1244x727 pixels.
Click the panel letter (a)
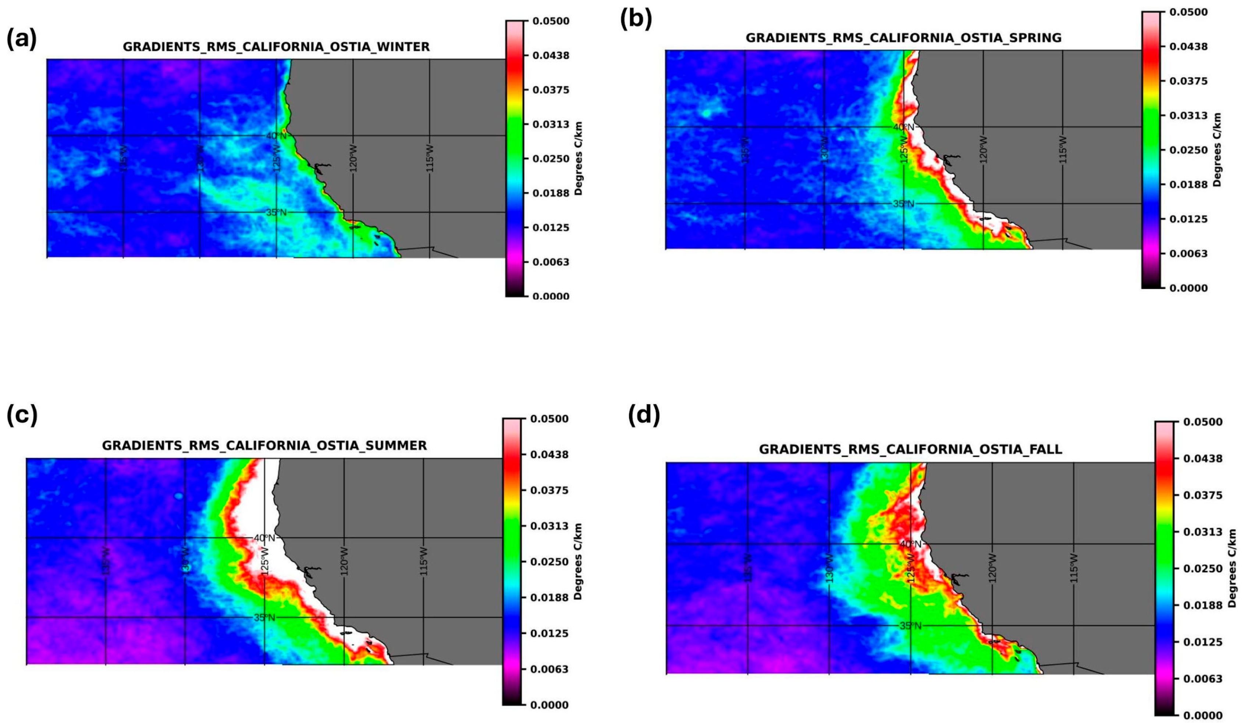(x=21, y=39)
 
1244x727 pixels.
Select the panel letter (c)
(x=22, y=416)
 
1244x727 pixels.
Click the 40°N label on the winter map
(x=276, y=136)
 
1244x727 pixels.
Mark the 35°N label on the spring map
(x=903, y=204)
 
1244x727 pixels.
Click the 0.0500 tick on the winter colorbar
(x=550, y=21)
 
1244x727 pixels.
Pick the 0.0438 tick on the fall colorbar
(x=1201, y=459)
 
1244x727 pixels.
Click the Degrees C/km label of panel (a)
(x=579, y=158)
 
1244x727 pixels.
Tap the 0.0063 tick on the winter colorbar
(x=550, y=262)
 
